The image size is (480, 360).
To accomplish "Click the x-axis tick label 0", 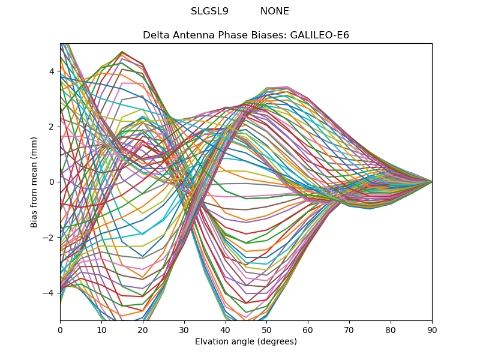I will [x=60, y=330].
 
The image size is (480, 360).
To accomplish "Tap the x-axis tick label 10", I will [x=101, y=330].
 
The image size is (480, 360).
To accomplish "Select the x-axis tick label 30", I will [x=184, y=330].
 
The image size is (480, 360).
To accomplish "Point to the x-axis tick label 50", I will [x=266, y=330].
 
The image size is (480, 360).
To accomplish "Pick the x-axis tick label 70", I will [x=349, y=330].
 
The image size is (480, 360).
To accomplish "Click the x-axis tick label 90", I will [x=432, y=330].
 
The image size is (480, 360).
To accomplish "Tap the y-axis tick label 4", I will [x=52, y=71].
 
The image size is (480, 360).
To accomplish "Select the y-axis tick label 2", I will [x=52, y=127].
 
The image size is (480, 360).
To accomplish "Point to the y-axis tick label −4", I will [x=49, y=293].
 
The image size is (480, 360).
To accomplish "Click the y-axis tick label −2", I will [x=49, y=238].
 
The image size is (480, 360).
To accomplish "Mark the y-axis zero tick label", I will [x=52, y=182].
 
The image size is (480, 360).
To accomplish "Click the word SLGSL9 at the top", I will [x=209, y=11].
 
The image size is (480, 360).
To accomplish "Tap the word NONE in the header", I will [x=275, y=11].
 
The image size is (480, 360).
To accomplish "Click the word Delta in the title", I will [x=155, y=35].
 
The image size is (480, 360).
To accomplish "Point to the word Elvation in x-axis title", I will [x=212, y=342].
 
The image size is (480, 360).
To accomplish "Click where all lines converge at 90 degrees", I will [x=431, y=181].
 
